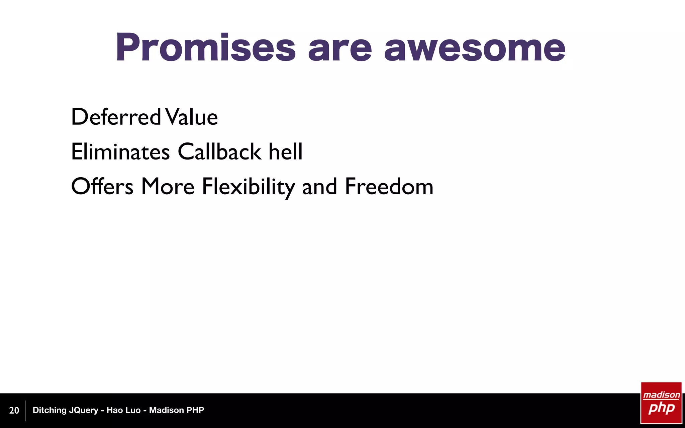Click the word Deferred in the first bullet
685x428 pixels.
(x=116, y=117)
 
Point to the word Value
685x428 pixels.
(x=192, y=117)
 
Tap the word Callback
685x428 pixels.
(x=219, y=152)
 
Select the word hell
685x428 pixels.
(x=286, y=152)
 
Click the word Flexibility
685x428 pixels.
(x=248, y=187)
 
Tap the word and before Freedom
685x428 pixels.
(x=319, y=187)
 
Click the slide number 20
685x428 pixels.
(x=14, y=411)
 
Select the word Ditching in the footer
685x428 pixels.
(x=50, y=410)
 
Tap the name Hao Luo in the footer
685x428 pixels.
(x=123, y=410)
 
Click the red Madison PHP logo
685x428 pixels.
(x=661, y=403)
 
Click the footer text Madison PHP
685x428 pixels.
(x=176, y=410)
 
